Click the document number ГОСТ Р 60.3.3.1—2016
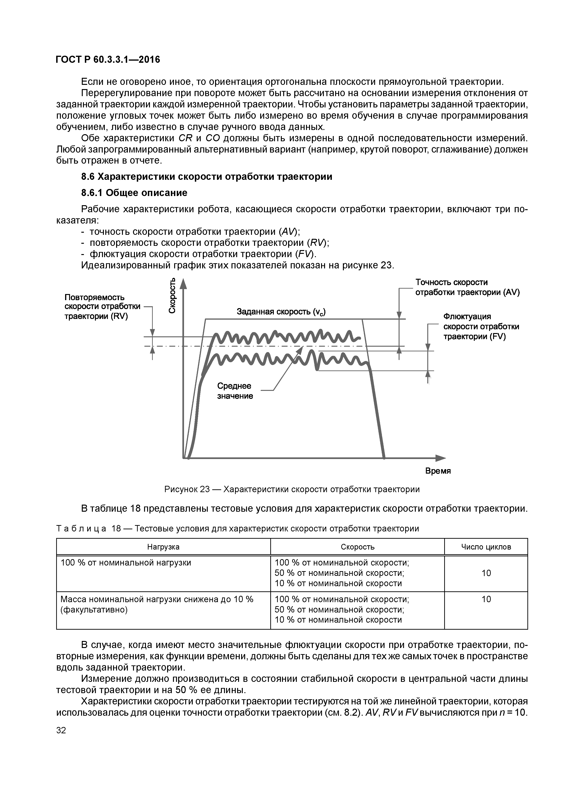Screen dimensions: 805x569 (x=108, y=60)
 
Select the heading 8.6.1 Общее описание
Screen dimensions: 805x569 (x=134, y=193)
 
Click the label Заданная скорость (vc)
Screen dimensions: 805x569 (x=281, y=312)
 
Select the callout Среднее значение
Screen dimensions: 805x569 (x=235, y=391)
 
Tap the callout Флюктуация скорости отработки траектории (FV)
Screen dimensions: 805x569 (x=481, y=327)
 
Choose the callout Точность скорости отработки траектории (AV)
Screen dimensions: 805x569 (x=467, y=287)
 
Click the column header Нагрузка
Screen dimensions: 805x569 (x=163, y=547)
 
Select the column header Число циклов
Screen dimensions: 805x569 (x=486, y=547)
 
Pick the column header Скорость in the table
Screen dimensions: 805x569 (x=358, y=547)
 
